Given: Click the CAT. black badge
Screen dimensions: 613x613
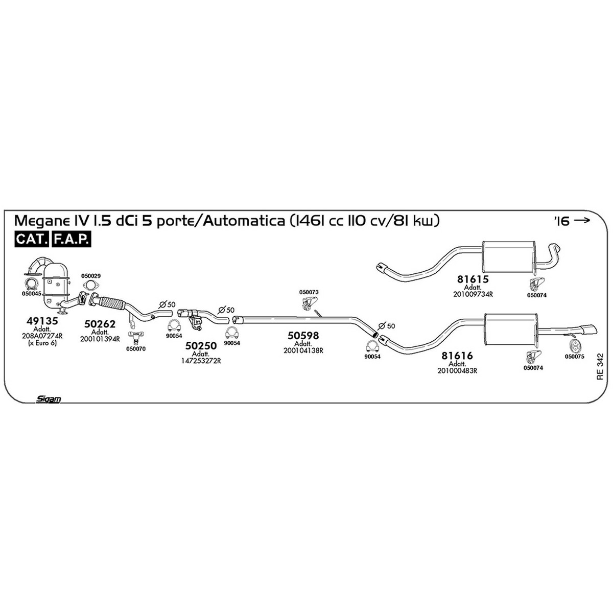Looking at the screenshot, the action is tap(32, 239).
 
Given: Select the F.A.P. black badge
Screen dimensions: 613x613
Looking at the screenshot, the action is tap(71, 239).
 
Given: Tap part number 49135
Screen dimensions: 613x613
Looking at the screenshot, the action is tap(42, 321).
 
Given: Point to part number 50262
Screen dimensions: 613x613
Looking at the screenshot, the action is tap(100, 324).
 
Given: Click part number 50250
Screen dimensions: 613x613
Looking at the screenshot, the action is tap(201, 346).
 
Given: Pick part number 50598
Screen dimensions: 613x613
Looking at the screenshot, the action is tap(303, 335).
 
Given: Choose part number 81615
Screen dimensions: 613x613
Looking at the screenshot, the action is tap(473, 279).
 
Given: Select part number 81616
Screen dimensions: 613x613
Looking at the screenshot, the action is tap(457, 356).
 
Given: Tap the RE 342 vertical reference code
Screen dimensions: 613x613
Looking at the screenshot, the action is tap(600, 367).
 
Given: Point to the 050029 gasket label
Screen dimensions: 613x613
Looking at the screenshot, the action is tap(90, 276).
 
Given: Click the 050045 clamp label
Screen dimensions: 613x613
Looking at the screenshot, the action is tap(31, 293).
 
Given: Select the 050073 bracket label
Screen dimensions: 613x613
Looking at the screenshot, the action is tap(309, 292).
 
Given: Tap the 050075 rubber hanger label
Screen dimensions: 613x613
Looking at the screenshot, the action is tap(575, 357).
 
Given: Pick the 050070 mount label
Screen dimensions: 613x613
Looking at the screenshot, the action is tap(136, 349).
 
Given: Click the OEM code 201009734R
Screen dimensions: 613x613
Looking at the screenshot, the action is tap(473, 294).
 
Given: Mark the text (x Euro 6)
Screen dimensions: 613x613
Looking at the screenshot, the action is tap(42, 343).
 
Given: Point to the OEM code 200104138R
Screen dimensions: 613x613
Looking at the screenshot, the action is tap(303, 350).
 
